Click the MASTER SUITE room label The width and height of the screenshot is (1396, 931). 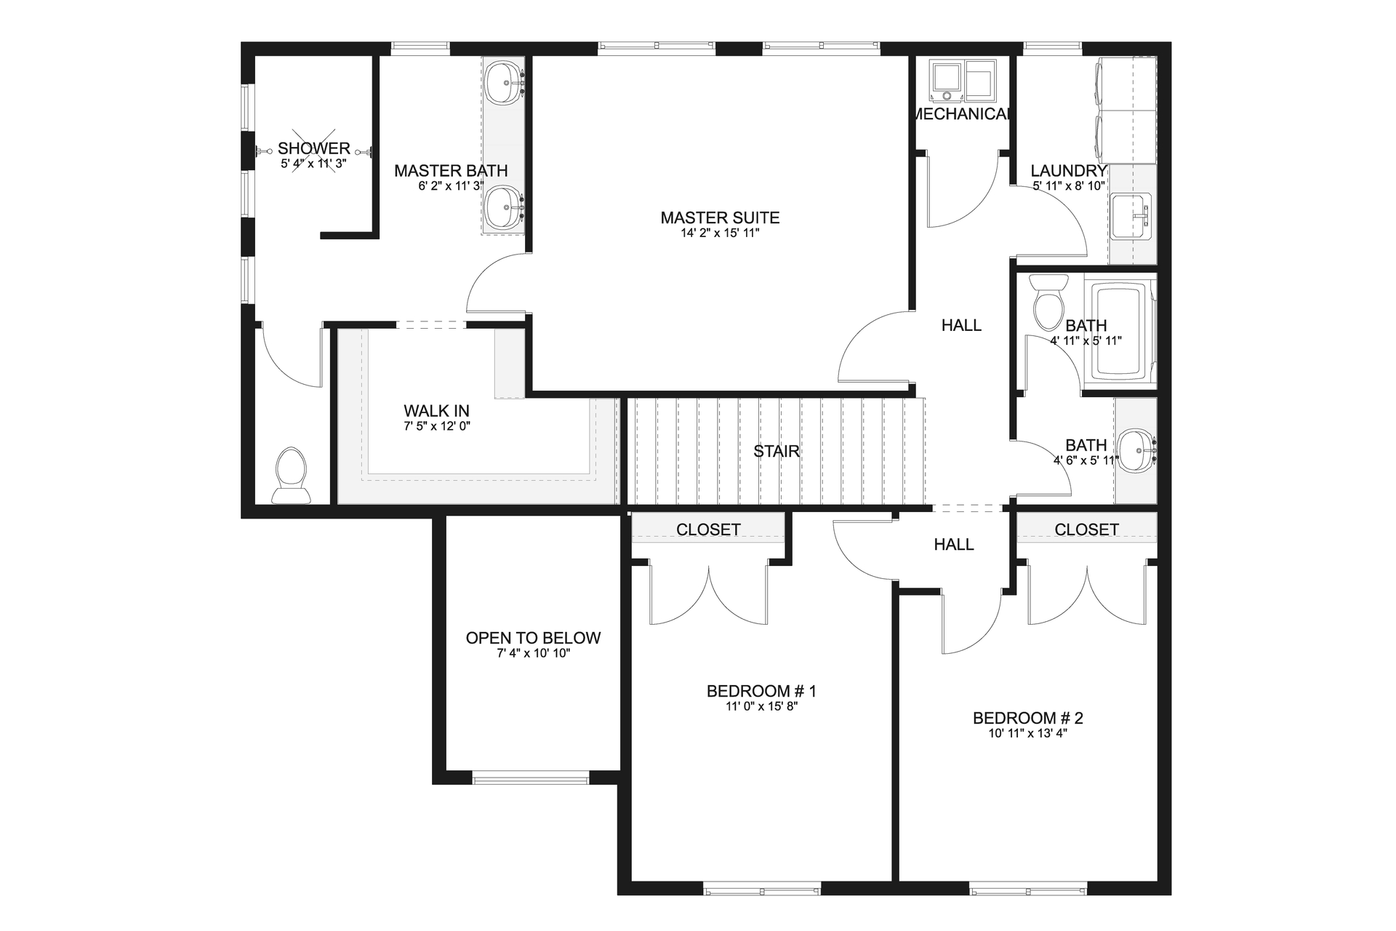pyautogui.click(x=720, y=217)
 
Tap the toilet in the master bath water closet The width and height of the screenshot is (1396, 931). pyautogui.click(x=291, y=474)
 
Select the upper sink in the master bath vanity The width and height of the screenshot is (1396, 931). pyautogui.click(x=504, y=84)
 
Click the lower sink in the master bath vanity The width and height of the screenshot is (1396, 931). pyautogui.click(x=504, y=207)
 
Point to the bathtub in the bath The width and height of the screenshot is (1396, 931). pyautogui.click(x=1120, y=331)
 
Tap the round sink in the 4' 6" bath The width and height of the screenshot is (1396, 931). pyautogui.click(x=1136, y=451)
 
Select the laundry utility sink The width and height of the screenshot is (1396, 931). pyautogui.click(x=1131, y=216)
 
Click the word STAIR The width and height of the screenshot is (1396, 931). pyautogui.click(x=777, y=451)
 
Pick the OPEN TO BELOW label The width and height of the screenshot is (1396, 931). pyautogui.click(x=533, y=638)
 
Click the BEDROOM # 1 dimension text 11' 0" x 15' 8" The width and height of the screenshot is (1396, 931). pyautogui.click(x=761, y=706)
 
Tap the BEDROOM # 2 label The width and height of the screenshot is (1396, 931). pyautogui.click(x=1027, y=718)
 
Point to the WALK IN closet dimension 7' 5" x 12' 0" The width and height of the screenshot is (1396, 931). pyautogui.click(x=437, y=426)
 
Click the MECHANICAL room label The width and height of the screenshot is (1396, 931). pyautogui.click(x=961, y=114)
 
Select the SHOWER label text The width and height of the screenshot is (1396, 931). pyautogui.click(x=314, y=148)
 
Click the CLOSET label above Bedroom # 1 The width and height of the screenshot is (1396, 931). pyautogui.click(x=708, y=530)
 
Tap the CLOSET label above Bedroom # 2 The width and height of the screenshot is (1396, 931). pyautogui.click(x=1086, y=530)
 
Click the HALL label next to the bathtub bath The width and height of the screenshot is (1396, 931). pyautogui.click(x=961, y=325)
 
